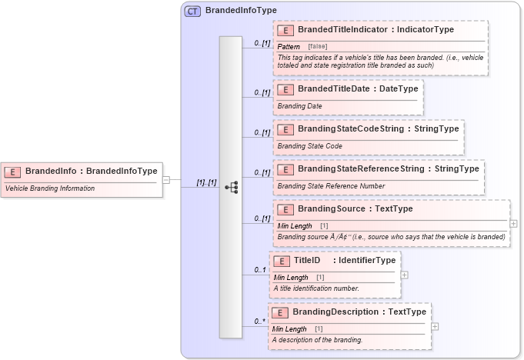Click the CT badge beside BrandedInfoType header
coord(192,11)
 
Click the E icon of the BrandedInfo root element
coord(14,171)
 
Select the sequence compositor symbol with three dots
coord(231,187)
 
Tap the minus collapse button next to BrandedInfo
coord(165,180)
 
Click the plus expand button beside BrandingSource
coord(513,223)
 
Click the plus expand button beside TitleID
coord(404,275)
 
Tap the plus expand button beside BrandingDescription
coord(435,326)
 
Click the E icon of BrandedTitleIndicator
coord(285,30)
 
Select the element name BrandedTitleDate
coord(330,88)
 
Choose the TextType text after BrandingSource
coord(393,208)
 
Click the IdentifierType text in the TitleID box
coord(365,260)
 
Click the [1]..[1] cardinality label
coord(206,182)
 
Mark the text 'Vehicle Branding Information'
coord(50,188)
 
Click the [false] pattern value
coord(317,47)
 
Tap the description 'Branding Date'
coord(299,106)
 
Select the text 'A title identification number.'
coord(315,288)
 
